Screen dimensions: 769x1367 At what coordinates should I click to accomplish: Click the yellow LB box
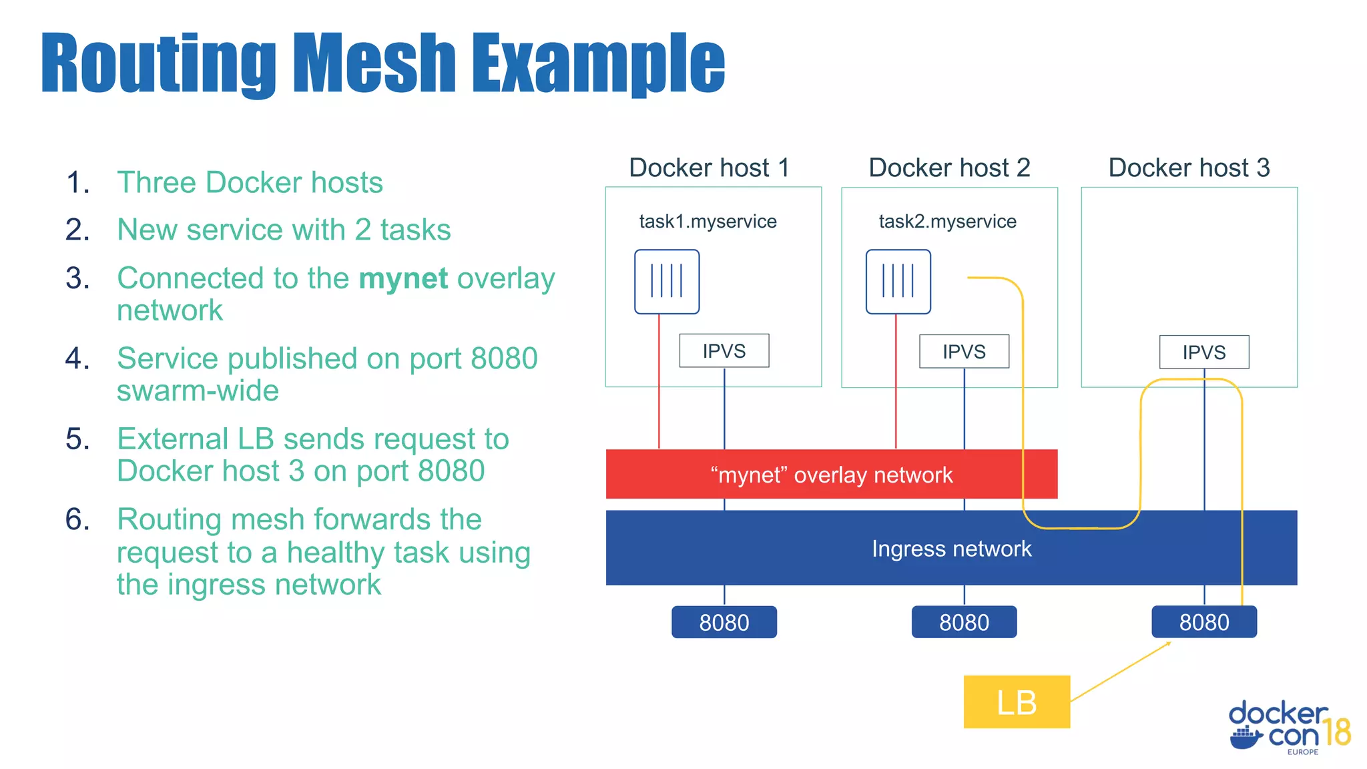click(1016, 702)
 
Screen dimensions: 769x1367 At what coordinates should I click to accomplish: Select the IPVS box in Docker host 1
click(724, 350)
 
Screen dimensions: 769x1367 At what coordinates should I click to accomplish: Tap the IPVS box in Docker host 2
click(964, 351)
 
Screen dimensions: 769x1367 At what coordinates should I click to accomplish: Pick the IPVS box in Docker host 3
click(1203, 352)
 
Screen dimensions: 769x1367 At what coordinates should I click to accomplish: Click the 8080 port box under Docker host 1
click(724, 622)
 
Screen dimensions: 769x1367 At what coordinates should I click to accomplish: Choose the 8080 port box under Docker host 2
click(964, 622)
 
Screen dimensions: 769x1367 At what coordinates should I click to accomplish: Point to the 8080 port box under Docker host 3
click(1203, 622)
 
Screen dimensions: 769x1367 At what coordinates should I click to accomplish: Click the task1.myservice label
click(708, 221)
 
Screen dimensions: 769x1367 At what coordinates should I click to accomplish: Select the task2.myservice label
click(947, 221)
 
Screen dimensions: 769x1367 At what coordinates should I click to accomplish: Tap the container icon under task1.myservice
click(666, 281)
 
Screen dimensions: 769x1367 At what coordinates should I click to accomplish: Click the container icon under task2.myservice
click(898, 281)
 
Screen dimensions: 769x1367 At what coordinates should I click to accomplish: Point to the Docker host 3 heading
click(1188, 168)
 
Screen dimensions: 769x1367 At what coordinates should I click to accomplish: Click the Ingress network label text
click(951, 549)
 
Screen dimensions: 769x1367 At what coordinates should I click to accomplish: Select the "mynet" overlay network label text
click(831, 475)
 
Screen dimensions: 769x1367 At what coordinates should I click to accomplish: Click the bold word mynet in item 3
click(403, 278)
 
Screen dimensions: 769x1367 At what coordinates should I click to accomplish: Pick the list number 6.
click(77, 519)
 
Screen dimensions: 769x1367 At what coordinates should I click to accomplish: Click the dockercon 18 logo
click(1288, 728)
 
